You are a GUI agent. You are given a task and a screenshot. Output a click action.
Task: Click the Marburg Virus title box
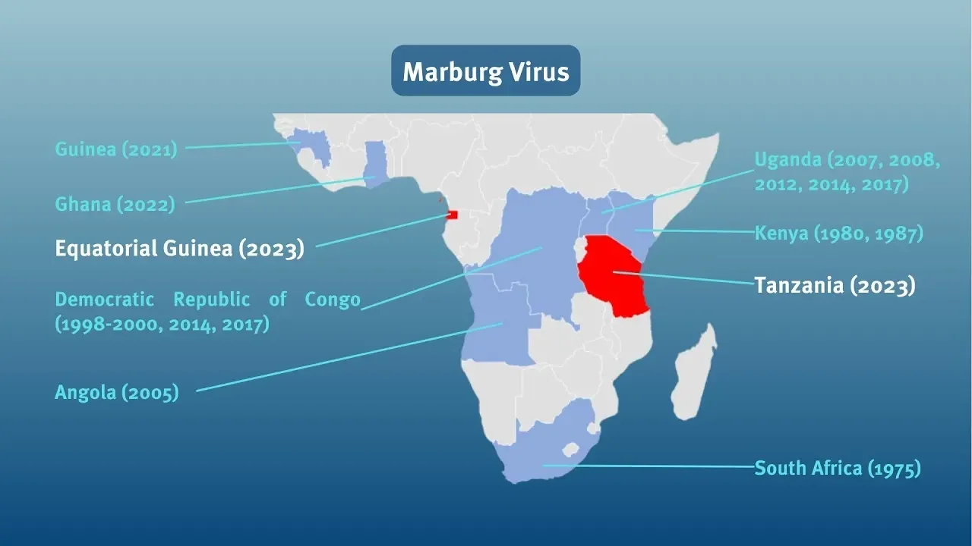(485, 71)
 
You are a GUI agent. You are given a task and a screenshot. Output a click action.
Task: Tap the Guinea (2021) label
(115, 149)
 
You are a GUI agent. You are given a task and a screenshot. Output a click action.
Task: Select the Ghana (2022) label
(115, 204)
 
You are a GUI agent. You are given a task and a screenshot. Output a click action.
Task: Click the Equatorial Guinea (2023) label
(179, 249)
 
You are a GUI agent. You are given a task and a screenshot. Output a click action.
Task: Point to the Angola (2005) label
(117, 392)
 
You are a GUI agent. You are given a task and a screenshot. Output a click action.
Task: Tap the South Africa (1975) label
(837, 468)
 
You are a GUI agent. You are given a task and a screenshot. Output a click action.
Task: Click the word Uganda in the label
(787, 160)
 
